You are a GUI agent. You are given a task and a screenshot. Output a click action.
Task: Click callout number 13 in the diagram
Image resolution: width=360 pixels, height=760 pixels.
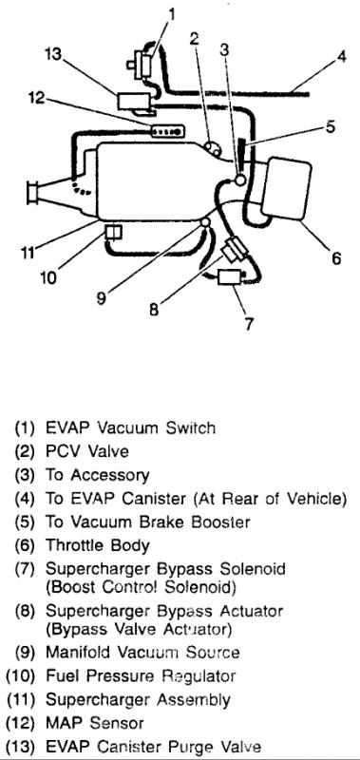coord(54,54)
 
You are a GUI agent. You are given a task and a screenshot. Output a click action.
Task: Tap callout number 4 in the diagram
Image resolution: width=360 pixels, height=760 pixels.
coord(342,57)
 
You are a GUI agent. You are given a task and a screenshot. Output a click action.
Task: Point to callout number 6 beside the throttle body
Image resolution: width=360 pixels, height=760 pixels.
coord(335,257)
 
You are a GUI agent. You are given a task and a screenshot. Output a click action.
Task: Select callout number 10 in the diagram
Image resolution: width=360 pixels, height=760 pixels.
coord(48,277)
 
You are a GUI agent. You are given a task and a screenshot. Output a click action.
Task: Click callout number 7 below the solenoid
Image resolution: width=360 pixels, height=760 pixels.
coord(249,323)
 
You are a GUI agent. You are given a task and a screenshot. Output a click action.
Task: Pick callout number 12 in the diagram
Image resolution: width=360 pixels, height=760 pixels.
coord(36,99)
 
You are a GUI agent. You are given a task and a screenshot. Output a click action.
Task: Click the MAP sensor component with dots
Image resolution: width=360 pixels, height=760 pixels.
coord(167,131)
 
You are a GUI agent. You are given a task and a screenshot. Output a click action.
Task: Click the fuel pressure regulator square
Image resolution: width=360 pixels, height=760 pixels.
coord(113,233)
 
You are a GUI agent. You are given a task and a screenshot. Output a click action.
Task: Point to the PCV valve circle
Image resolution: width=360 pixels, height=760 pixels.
coord(212,147)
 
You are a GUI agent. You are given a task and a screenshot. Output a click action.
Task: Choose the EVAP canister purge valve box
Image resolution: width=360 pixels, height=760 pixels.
coord(134,102)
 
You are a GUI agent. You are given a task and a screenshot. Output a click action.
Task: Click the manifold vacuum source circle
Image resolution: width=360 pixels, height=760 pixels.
coord(205,222)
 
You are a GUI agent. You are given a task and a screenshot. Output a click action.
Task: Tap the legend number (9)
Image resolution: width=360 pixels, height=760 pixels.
coord(26,652)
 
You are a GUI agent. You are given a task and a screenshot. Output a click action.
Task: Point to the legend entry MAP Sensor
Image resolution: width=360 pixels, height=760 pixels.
coord(94,723)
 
